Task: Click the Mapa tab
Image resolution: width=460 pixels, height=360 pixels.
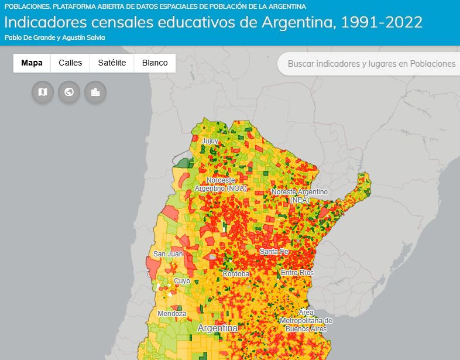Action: click(32, 63)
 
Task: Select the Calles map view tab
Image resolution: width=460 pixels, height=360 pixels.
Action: click(70, 63)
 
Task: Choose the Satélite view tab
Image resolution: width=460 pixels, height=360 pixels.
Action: click(112, 63)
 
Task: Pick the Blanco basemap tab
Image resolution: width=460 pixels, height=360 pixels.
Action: click(155, 63)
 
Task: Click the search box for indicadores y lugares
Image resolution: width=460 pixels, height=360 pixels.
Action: click(371, 64)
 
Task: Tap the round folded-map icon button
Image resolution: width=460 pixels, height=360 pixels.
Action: click(43, 92)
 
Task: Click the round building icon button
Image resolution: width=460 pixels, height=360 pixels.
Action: click(95, 92)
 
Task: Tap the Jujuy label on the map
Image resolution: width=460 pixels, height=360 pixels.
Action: click(210, 141)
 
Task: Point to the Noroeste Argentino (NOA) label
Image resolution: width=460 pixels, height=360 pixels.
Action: click(221, 184)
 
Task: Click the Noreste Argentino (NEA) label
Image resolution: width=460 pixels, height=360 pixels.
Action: click(299, 196)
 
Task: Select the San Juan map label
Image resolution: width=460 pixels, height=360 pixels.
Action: click(168, 254)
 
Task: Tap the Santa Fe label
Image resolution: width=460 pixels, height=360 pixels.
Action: click(274, 252)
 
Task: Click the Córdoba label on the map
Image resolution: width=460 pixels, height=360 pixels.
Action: click(236, 273)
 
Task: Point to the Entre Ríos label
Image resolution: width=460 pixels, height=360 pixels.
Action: click(297, 273)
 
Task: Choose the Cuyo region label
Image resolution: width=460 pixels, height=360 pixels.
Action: click(182, 281)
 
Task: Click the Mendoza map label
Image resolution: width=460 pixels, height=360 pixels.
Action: click(172, 314)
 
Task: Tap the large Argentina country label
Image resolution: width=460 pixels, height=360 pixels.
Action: click(218, 328)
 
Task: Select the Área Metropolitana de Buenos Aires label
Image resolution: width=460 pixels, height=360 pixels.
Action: click(305, 320)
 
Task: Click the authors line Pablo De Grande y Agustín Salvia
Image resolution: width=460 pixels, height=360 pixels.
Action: click(54, 37)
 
